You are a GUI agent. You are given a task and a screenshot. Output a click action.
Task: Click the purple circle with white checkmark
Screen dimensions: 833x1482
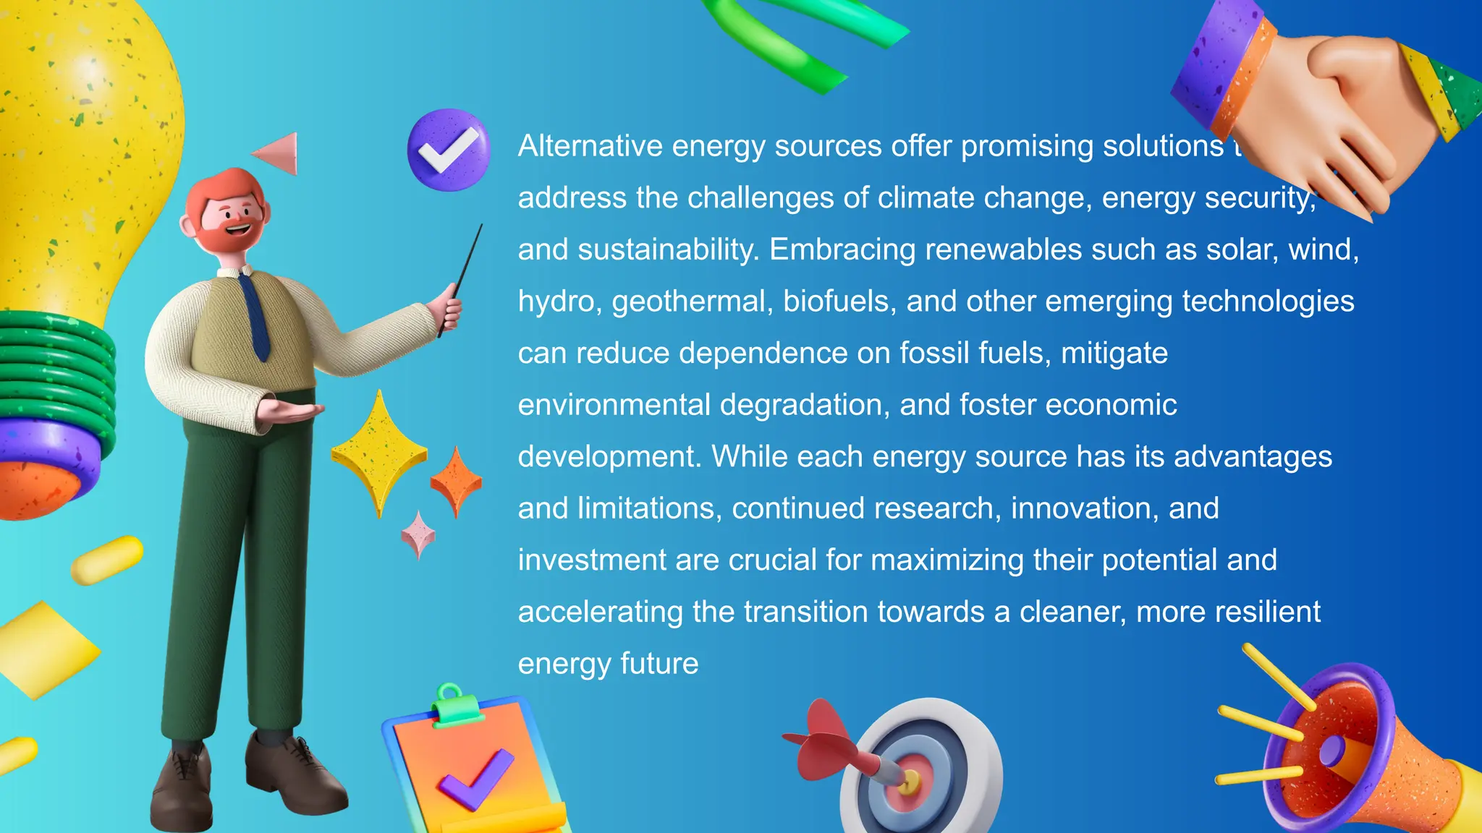pyautogui.click(x=449, y=150)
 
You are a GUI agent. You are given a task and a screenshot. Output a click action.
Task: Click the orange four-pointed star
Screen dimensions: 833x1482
pyautogui.click(x=456, y=481)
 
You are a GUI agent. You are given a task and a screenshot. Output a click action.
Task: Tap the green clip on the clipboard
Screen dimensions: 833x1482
pyautogui.click(x=457, y=704)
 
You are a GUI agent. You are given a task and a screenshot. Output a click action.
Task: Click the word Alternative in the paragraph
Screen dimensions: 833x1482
pyautogui.click(x=590, y=146)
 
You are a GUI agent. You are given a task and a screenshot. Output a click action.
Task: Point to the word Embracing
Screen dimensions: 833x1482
pyautogui.click(x=842, y=249)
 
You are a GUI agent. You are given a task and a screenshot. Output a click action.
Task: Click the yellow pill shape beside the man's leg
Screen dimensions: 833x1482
pyautogui.click(x=107, y=560)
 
